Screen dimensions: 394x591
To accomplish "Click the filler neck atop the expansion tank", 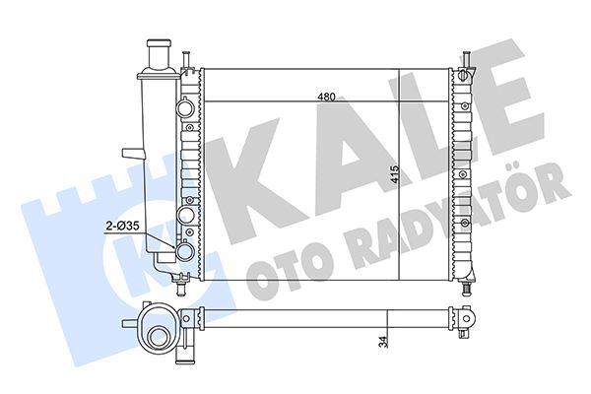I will tap(159, 53).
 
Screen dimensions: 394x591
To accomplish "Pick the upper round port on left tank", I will tap(187, 107).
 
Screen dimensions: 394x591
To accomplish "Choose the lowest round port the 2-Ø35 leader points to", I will tap(186, 253).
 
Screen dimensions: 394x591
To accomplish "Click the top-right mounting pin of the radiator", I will tap(463, 57).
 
